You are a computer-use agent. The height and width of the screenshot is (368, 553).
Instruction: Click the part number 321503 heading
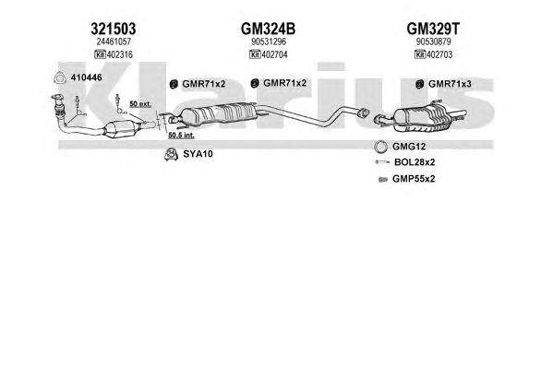tap(114, 29)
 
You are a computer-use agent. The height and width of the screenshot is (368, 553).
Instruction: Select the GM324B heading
tap(268, 29)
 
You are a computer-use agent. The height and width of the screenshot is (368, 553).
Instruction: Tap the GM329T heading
tap(433, 29)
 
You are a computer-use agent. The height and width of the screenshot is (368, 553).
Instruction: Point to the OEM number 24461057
tap(114, 42)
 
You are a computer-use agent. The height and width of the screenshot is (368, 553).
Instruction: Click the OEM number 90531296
tap(269, 42)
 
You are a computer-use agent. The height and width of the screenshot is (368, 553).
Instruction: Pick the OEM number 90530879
tap(433, 42)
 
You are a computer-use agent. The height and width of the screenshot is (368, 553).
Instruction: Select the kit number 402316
tap(120, 54)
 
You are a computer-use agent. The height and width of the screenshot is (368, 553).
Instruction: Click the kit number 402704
tap(274, 54)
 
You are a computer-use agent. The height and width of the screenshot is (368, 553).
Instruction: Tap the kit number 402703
tap(439, 54)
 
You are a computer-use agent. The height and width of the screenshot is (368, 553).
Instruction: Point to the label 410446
tap(87, 77)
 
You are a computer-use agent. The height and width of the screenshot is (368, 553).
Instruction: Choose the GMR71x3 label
tap(450, 84)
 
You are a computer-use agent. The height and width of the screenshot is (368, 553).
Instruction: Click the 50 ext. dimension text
tap(140, 104)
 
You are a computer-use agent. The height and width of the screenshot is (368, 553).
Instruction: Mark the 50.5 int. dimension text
tap(181, 135)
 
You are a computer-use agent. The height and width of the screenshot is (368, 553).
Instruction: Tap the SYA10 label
tap(198, 154)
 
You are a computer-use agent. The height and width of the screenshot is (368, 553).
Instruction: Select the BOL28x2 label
tap(415, 162)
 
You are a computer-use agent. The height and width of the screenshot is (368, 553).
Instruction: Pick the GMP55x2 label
tap(414, 179)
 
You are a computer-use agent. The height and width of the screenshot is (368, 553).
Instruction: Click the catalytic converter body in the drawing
tap(121, 129)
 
